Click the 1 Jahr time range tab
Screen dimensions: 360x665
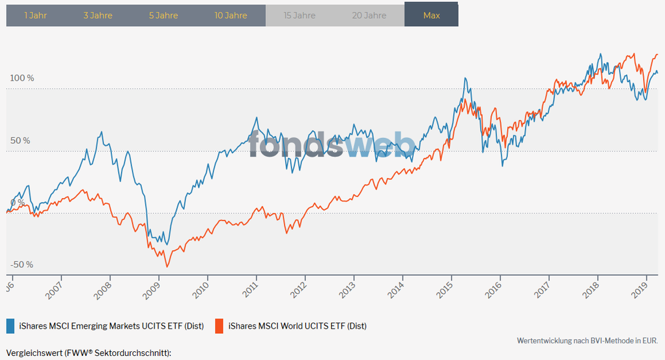(x=35, y=15)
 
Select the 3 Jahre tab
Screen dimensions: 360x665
(x=98, y=15)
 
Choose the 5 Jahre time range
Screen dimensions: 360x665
(x=163, y=15)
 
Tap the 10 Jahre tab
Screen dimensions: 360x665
(x=231, y=15)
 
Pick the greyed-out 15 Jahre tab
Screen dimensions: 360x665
(x=299, y=15)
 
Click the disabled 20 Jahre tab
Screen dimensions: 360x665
(x=369, y=15)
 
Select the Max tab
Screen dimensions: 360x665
(x=432, y=15)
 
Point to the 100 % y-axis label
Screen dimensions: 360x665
(x=21, y=78)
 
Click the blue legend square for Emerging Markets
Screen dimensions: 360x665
(x=11, y=326)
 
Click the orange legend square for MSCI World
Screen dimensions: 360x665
(x=219, y=326)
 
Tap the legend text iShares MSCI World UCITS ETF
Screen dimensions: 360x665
(x=297, y=326)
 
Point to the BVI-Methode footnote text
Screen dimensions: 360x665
(x=587, y=341)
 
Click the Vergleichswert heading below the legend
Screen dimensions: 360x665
(x=89, y=353)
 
